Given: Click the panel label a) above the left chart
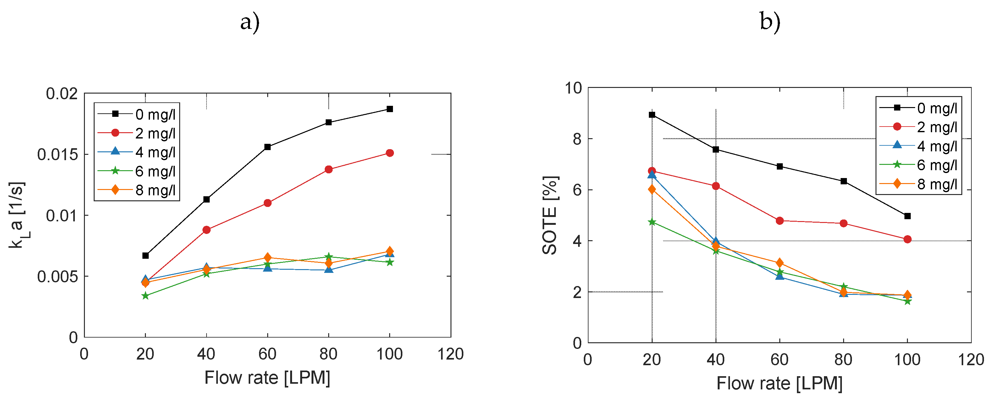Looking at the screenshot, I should [250, 22].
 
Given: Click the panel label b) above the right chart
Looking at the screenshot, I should [770, 22].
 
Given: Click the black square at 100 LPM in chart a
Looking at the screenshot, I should [390, 109].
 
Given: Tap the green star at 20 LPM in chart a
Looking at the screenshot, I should [145, 296].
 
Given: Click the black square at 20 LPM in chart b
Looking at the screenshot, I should [652, 115].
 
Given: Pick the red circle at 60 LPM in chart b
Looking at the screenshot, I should [780, 221].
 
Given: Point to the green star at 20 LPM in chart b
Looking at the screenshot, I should [652, 222].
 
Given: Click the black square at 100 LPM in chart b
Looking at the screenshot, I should [908, 216].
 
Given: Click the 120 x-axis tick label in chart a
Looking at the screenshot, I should [451, 354].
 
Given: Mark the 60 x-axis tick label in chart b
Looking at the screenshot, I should [780, 360].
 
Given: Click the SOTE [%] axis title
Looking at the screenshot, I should [550, 215].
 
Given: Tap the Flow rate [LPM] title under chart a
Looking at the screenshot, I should [267, 378].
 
